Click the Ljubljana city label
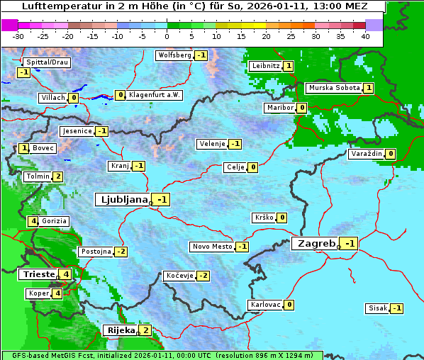pyautogui.click(x=122, y=200)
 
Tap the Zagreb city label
pyautogui.click(x=315, y=244)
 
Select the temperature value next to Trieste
pyautogui.click(x=66, y=274)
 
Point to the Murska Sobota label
pyautogui.click(x=333, y=88)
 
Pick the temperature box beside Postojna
pyautogui.click(x=121, y=252)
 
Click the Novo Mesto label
pyautogui.click(x=212, y=247)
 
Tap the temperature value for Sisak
pyautogui.click(x=397, y=308)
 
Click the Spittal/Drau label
pyautogui.click(x=47, y=62)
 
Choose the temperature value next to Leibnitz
pyautogui.click(x=288, y=66)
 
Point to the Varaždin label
pyautogui.click(x=367, y=154)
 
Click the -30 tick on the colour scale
pyautogui.click(x=18, y=35)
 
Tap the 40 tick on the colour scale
pyautogui.click(x=365, y=35)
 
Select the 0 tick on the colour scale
pyautogui.click(x=167, y=35)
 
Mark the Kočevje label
pyautogui.click(x=179, y=276)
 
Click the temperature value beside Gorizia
pyautogui.click(x=33, y=221)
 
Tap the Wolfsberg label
pyautogui.click(x=174, y=55)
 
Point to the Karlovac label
pyautogui.click(x=265, y=305)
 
